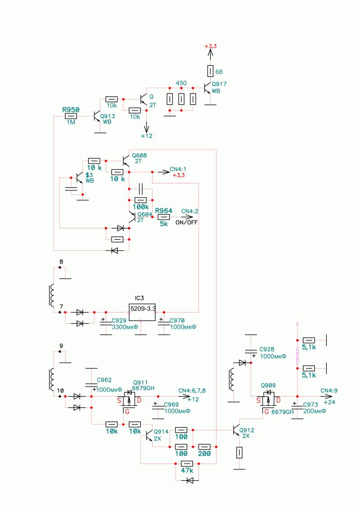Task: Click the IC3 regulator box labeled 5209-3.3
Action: [142, 313]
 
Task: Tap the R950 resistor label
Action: [71, 110]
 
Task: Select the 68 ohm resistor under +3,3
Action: [210, 71]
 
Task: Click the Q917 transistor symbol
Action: [207, 88]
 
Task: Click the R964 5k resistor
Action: [163, 217]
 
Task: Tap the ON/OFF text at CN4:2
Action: [186, 223]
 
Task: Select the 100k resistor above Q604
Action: [141, 200]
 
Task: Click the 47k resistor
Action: [187, 464]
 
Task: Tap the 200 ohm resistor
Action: [204, 447]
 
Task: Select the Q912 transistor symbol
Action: [237, 430]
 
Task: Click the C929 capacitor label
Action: [119, 321]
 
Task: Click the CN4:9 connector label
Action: [329, 390]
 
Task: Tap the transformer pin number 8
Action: [61, 262]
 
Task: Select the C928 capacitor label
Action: [267, 349]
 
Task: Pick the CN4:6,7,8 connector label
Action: [192, 390]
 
